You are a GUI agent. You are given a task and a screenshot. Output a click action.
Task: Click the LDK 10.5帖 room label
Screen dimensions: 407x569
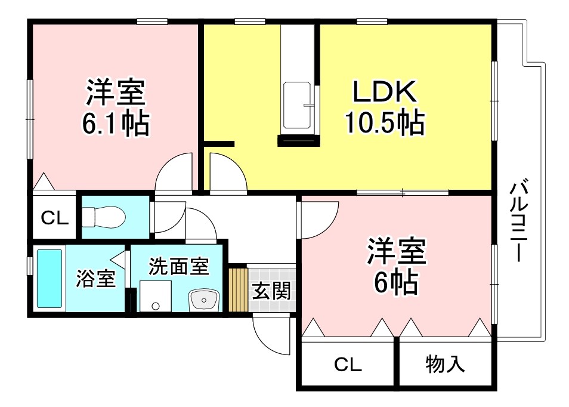tap(384, 107)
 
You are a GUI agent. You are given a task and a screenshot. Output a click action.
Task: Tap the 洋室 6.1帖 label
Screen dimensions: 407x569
tap(116, 107)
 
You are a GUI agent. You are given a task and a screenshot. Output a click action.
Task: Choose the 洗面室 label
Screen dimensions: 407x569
tap(178, 266)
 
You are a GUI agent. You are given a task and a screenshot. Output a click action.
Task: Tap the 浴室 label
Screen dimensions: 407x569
tap(95, 279)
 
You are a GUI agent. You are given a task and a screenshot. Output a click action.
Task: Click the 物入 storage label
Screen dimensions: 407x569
tap(445, 363)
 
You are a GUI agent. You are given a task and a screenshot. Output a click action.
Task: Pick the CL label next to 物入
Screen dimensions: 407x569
tap(348, 364)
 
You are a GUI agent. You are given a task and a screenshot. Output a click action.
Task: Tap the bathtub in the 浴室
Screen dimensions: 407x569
tap(50, 279)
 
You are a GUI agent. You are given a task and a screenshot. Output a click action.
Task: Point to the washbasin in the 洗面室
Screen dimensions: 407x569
tap(204, 299)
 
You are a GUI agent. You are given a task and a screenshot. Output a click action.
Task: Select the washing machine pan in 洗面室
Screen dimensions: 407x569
tap(156, 297)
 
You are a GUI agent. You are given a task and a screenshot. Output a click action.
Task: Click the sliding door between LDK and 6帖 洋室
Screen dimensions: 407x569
tap(403, 192)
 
